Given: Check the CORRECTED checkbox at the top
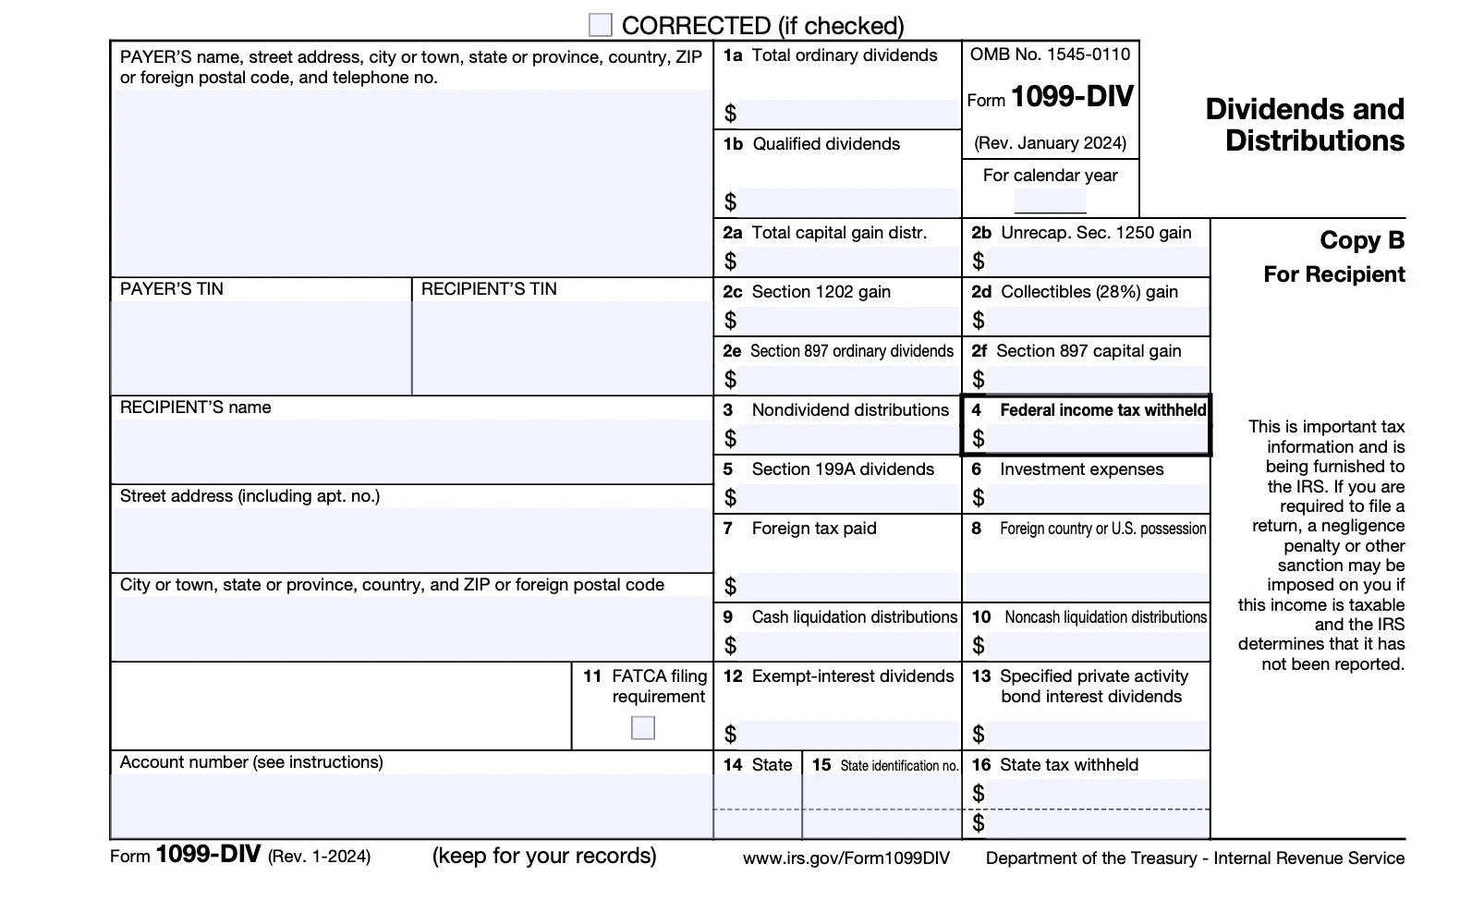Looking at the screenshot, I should (x=601, y=25).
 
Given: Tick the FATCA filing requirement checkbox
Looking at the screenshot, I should (x=643, y=728).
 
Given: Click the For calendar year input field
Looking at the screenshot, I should (x=1050, y=201).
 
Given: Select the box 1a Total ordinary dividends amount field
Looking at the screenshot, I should (x=846, y=114).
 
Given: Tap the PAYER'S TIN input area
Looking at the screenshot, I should (x=261, y=347).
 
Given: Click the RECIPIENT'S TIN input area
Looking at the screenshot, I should (x=562, y=347).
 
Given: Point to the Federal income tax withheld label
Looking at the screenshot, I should (x=1102, y=410).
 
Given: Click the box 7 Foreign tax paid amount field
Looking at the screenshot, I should (x=846, y=587).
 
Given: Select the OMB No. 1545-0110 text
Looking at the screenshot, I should (x=1050, y=55).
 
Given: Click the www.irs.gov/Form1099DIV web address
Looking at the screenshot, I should (x=845, y=858).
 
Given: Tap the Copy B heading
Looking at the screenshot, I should (x=1361, y=240).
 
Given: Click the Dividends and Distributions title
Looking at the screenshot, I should (x=1305, y=125).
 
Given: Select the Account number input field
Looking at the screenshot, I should (x=411, y=806).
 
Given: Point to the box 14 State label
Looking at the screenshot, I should (x=758, y=765).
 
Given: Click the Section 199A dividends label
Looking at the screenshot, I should (x=842, y=469).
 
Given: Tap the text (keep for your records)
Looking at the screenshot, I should (x=544, y=856).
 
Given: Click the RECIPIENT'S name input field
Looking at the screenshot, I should (x=411, y=451).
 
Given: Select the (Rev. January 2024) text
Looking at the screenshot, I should (x=1050, y=143).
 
